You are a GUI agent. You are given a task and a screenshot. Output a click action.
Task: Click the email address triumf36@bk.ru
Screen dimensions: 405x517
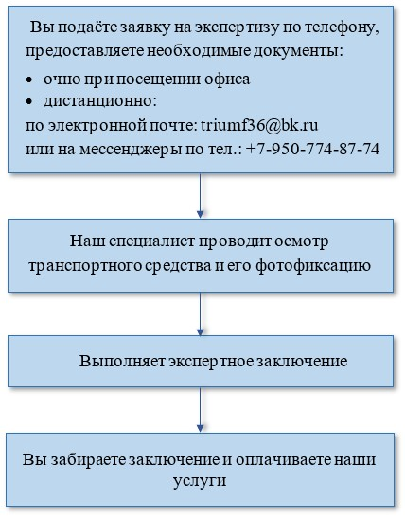pyautogui.click(x=259, y=125)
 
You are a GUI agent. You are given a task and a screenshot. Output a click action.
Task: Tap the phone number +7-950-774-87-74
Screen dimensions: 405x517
pyautogui.click(x=312, y=149)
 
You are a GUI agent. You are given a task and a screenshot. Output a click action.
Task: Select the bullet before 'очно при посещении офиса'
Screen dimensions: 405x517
pyautogui.click(x=29, y=80)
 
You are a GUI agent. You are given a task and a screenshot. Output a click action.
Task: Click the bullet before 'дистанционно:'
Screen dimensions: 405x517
pyautogui.click(x=29, y=102)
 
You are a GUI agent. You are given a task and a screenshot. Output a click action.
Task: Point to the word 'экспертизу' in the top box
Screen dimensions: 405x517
pyautogui.click(x=237, y=28)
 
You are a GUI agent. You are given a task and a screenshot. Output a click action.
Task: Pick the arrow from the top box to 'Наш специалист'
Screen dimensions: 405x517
pyautogui.click(x=200, y=195)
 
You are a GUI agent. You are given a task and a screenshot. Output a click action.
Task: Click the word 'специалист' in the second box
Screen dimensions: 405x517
pyautogui.click(x=152, y=241)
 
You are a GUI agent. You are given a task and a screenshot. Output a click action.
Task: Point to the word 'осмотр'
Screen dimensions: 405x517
pyautogui.click(x=301, y=241)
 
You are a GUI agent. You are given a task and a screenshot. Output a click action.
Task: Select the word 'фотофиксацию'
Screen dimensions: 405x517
pyautogui.click(x=313, y=266)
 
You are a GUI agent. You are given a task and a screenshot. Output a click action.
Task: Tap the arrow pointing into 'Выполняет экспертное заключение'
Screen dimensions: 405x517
pyautogui.click(x=200, y=313)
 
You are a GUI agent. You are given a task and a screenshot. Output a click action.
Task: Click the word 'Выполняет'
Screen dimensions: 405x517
pyautogui.click(x=122, y=362)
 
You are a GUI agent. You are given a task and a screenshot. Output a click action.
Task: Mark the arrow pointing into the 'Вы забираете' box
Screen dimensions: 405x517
pyautogui.click(x=200, y=409)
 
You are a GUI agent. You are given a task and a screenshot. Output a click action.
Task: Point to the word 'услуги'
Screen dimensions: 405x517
pyautogui.click(x=200, y=481)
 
